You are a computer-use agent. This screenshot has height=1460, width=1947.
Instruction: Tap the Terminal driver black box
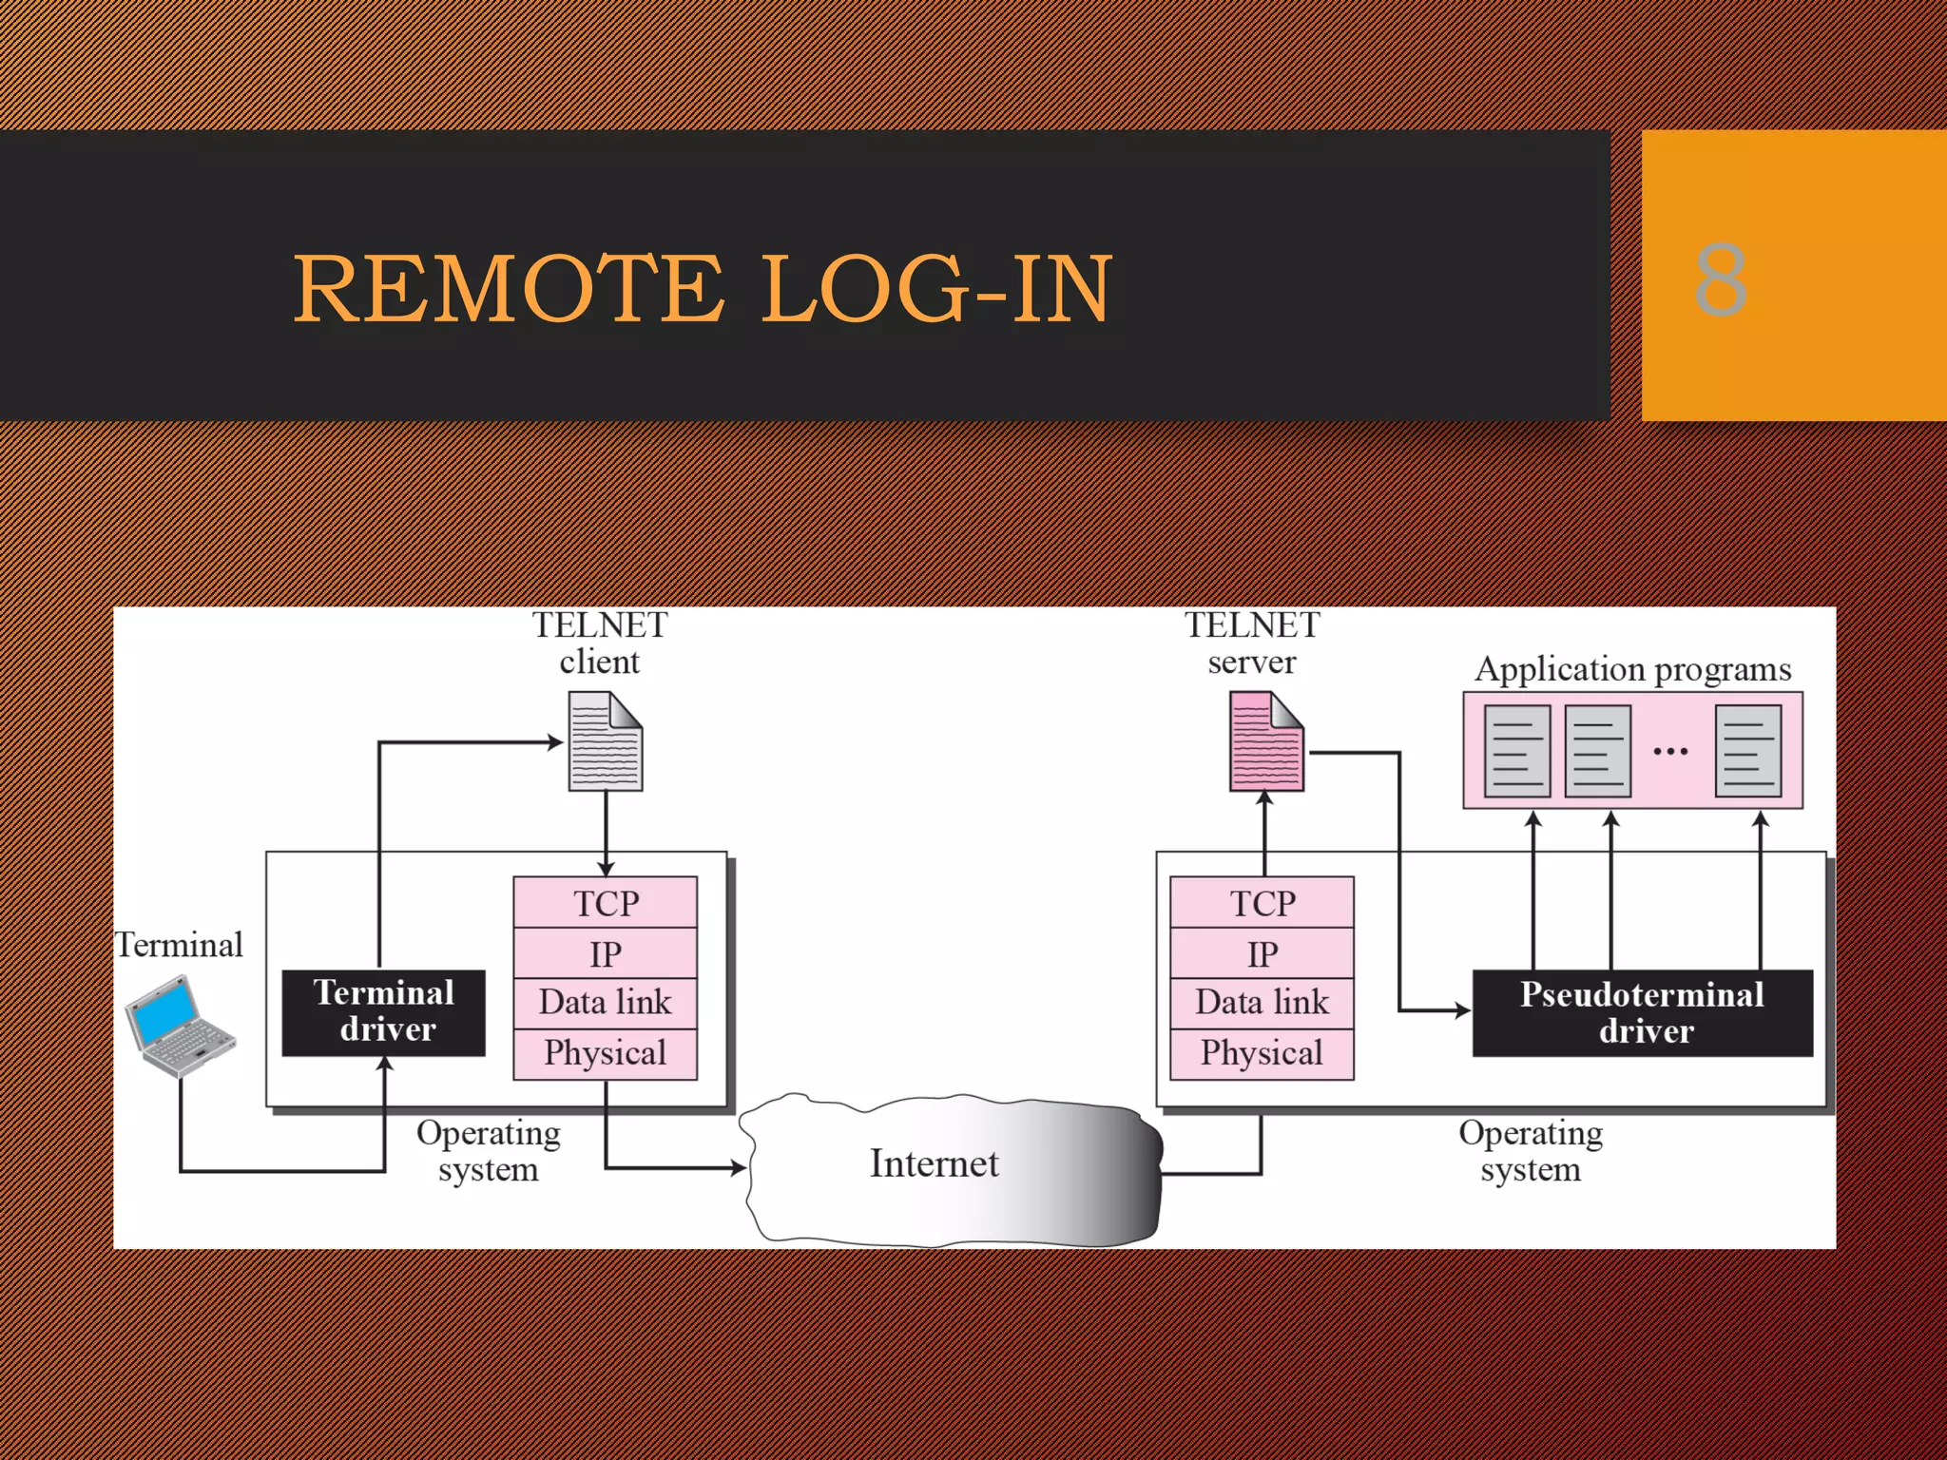[384, 1012]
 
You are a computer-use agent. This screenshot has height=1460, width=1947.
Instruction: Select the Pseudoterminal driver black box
[1642, 1013]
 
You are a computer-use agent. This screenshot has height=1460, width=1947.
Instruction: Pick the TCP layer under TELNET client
[606, 903]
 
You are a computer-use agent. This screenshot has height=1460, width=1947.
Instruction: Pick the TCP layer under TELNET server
[1262, 903]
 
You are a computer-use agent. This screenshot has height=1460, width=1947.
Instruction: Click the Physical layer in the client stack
[606, 1053]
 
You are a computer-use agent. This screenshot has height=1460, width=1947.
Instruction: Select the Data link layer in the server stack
[1262, 1003]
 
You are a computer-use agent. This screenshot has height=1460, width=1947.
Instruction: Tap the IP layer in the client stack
[606, 953]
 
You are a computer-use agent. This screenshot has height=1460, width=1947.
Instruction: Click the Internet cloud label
[934, 1164]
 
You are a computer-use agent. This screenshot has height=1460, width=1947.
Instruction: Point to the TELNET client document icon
[606, 742]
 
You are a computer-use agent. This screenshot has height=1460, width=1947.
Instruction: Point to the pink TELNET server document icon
[1266, 742]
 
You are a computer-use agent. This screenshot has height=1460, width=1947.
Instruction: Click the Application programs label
[1632, 669]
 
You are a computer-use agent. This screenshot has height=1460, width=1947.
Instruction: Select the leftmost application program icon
[1517, 751]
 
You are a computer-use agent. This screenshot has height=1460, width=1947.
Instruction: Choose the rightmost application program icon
[1748, 751]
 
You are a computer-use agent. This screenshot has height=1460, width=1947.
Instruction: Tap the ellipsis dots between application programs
[1670, 752]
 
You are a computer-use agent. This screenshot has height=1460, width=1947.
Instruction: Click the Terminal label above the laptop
[179, 945]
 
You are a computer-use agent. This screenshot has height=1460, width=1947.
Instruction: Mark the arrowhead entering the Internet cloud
[738, 1167]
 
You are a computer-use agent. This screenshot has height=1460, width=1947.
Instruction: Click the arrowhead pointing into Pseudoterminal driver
[1463, 1010]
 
